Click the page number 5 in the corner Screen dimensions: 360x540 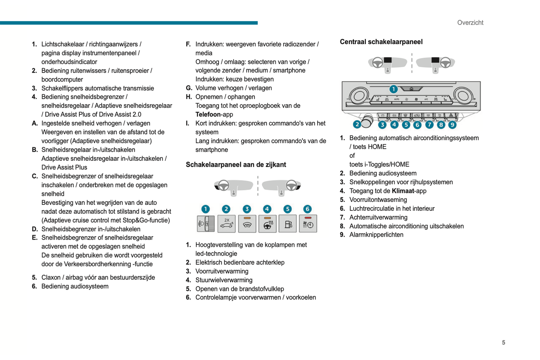tap(503, 342)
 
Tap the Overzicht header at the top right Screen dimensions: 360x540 tap(470, 23)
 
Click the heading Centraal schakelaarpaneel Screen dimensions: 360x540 tap(381, 42)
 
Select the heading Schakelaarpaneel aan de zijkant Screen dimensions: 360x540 tap(236, 165)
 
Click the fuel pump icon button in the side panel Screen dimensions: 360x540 tap(287, 224)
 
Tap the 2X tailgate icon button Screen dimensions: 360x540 tap(226, 224)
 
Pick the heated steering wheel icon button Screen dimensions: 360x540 tap(267, 224)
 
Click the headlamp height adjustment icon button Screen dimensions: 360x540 tap(206, 224)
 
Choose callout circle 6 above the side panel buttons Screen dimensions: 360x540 tap(307, 209)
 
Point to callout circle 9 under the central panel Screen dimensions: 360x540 tap(452, 125)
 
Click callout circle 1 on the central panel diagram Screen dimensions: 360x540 tap(393, 89)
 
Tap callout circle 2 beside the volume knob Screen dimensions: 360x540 tap(357, 124)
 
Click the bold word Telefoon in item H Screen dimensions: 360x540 tap(208, 115)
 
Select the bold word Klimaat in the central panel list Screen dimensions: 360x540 tap(403, 191)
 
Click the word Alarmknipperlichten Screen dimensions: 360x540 tap(376, 235)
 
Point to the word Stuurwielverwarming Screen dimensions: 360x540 tap(224, 280)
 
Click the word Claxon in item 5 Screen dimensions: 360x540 tap(51, 277)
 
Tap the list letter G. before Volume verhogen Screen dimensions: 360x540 tap(189, 88)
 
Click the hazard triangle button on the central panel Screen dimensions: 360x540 tap(451, 116)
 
